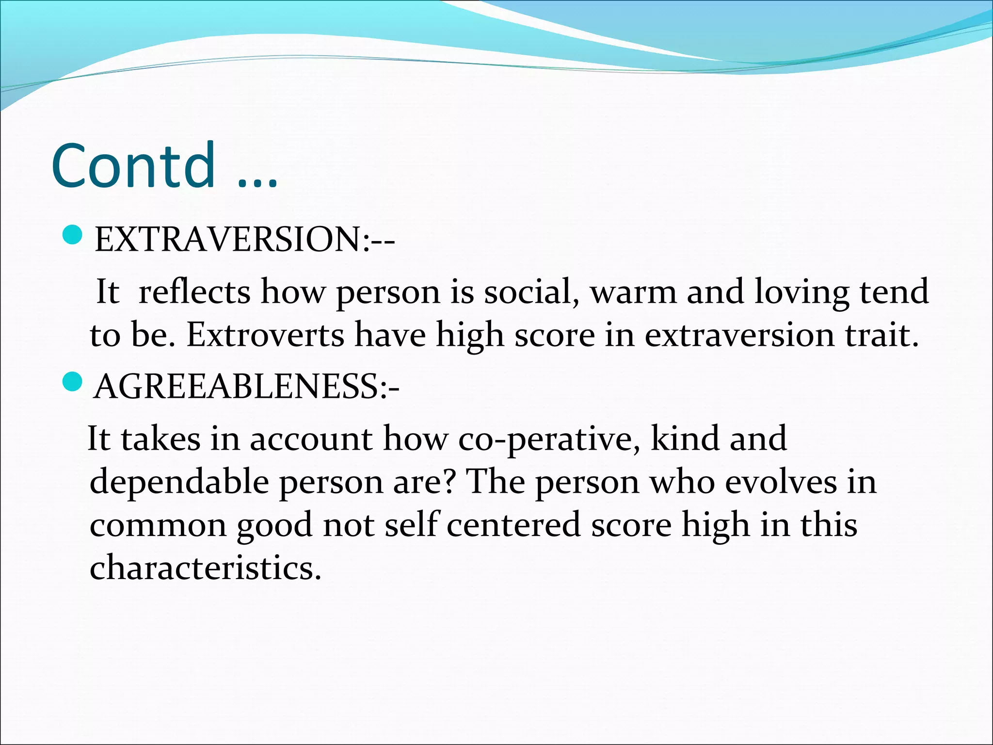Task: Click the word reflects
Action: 194,292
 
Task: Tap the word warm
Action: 633,292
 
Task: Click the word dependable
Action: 179,482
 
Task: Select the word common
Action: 158,526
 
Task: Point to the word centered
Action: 513,525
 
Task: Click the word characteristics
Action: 205,567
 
